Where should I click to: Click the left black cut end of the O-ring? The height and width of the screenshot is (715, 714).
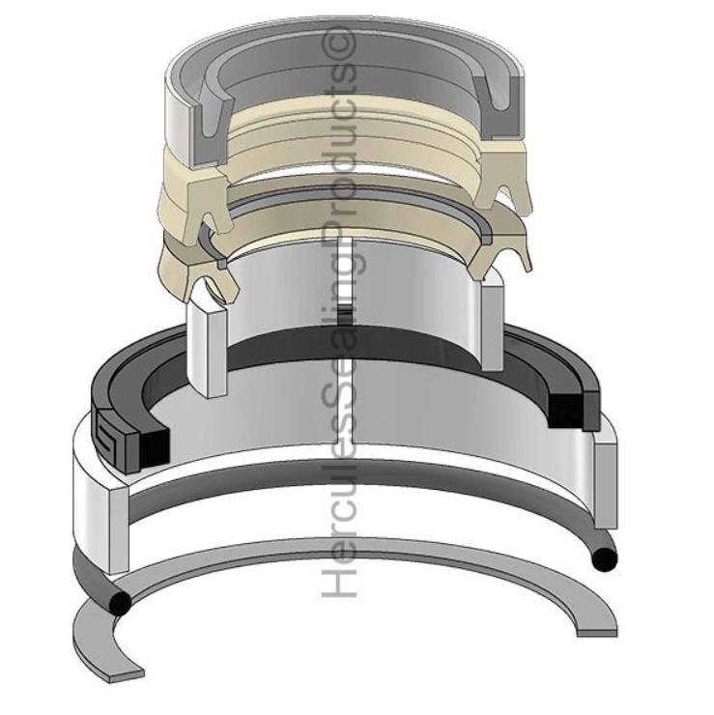(121, 603)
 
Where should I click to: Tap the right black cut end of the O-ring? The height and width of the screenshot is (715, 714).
(605, 558)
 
